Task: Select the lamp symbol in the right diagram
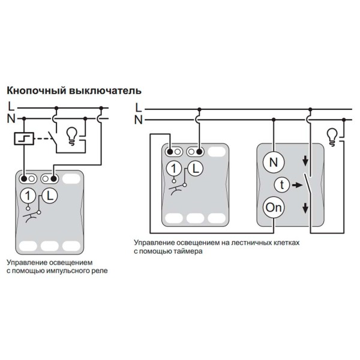click(332, 136)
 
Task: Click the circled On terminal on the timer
click(274, 208)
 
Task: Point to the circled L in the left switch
click(50, 194)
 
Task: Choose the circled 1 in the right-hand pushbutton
click(173, 169)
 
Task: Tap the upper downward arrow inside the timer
click(305, 160)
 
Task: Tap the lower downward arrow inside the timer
click(305, 208)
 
